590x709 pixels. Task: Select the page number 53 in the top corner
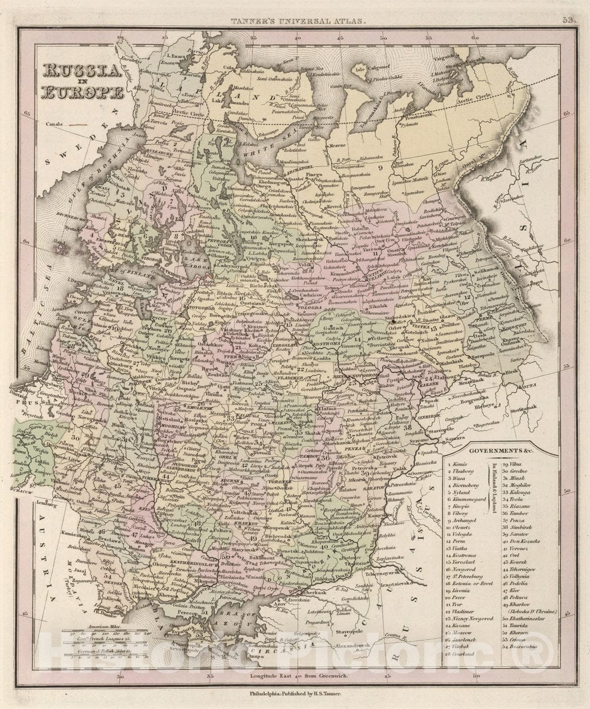point(569,20)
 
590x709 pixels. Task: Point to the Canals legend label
point(52,125)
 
